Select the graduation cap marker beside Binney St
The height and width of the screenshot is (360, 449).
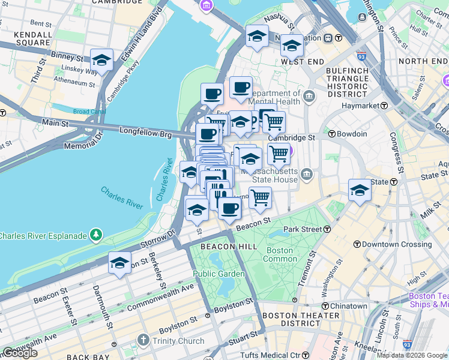click(102, 61)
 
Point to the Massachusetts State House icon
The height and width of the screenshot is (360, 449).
click(307, 175)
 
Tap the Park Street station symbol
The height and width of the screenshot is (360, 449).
click(327, 229)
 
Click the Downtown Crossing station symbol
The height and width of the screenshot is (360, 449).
click(357, 244)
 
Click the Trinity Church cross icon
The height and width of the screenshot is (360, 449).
click(143, 341)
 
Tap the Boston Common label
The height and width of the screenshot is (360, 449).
click(280, 254)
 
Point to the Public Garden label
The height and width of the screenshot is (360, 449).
click(218, 274)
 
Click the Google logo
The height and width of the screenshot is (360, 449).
click(20, 353)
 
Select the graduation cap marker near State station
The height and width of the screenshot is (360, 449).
click(360, 190)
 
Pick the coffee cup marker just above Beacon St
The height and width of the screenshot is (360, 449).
click(229, 209)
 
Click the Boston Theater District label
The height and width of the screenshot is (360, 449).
click(301, 320)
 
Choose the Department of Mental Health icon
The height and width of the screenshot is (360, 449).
click(309, 95)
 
